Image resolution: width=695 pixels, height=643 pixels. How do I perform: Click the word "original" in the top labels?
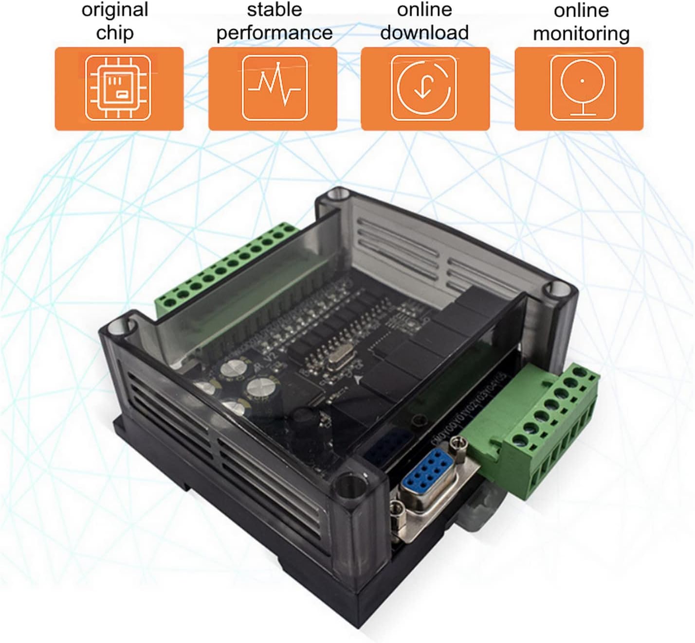click(115, 10)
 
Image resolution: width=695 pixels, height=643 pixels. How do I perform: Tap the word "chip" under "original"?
click(115, 33)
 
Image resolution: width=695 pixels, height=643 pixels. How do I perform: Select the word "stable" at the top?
click(274, 10)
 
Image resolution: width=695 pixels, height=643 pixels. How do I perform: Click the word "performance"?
click(274, 33)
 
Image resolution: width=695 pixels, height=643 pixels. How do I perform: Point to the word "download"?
click(424, 33)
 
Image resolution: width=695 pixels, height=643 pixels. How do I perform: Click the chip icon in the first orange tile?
click(119, 88)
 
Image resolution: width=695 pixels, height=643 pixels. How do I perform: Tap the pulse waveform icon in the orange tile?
click(274, 88)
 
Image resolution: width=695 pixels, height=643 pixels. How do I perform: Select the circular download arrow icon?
click(424, 88)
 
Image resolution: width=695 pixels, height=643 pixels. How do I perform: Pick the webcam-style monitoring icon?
click(583, 88)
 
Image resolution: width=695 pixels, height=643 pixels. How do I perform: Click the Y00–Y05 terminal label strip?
click(470, 408)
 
